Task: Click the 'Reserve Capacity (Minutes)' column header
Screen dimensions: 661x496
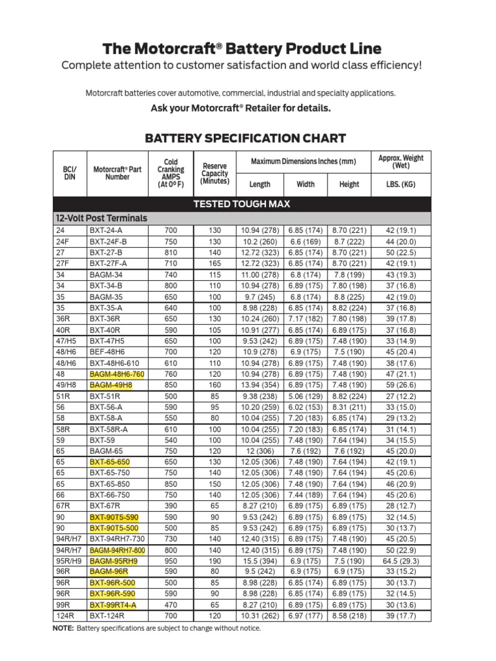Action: click(215, 174)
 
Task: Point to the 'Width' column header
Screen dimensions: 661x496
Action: click(305, 184)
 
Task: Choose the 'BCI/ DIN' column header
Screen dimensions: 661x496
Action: click(70, 174)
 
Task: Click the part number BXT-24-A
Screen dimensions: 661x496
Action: click(107, 230)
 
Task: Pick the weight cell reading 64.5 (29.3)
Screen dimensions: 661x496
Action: click(400, 562)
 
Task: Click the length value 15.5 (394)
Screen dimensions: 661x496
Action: click(260, 562)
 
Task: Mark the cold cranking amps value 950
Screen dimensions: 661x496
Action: click(170, 562)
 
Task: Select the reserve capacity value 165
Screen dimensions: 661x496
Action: click(215, 263)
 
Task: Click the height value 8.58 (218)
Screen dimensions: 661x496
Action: click(349, 616)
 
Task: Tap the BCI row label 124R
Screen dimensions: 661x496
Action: click(63, 616)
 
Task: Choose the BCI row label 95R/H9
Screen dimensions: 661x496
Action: click(67, 562)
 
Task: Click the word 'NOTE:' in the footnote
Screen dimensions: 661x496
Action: click(63, 628)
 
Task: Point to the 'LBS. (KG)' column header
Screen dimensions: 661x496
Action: click(400, 184)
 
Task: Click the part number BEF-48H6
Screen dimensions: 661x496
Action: click(110, 351)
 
